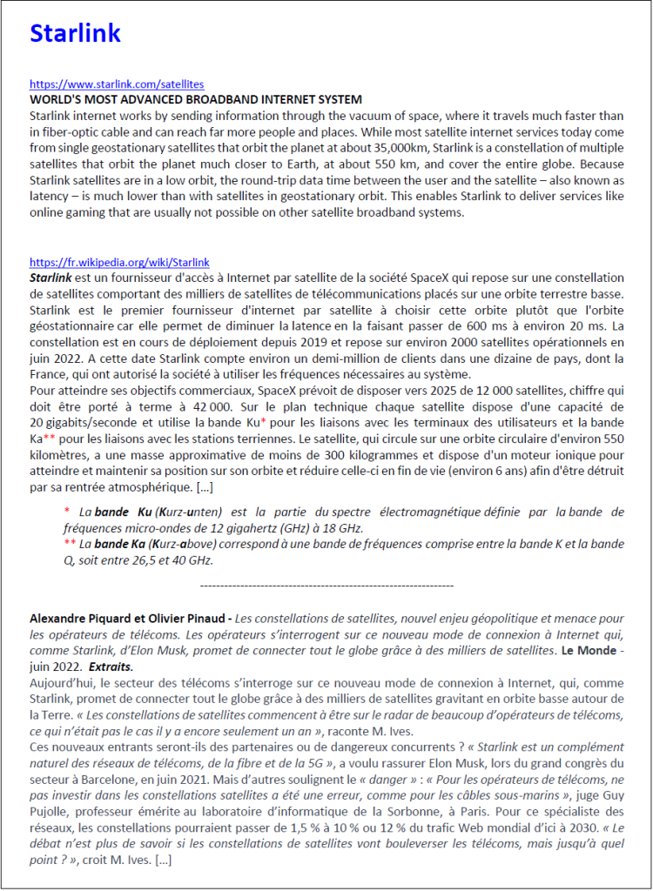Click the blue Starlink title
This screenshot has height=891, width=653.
point(75,33)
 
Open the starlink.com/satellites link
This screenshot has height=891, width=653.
point(117,84)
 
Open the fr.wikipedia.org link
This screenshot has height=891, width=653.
point(119,262)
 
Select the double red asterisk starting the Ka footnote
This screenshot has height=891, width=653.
point(71,543)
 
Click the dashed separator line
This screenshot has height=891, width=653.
point(326,586)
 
